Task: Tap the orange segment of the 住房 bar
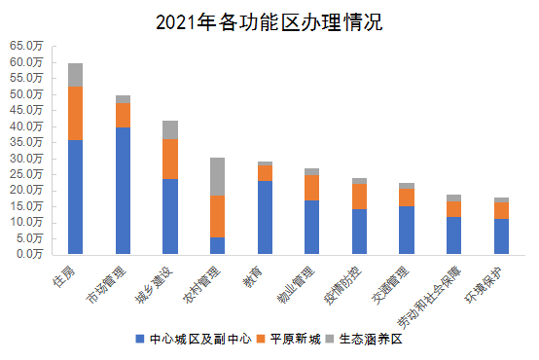tap(75, 114)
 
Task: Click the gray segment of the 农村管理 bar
tap(217, 176)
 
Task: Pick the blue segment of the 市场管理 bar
tap(123, 190)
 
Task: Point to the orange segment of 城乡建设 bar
tap(170, 159)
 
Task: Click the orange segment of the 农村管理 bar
tap(217, 216)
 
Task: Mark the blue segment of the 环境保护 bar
tap(501, 236)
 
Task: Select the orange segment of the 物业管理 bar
tap(312, 187)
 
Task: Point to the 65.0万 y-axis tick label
tap(26, 46)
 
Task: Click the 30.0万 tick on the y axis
tap(26, 158)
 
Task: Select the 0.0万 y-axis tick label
tap(29, 254)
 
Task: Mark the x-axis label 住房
tap(66, 274)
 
